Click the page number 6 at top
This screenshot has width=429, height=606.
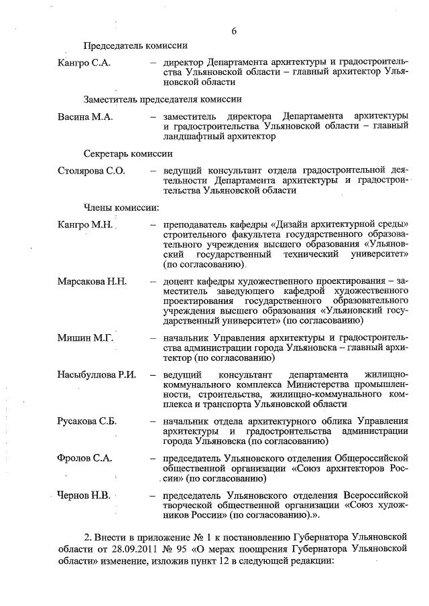[x=234, y=31]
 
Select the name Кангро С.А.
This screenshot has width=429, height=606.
[x=84, y=63]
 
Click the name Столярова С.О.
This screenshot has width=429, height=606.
[x=92, y=171]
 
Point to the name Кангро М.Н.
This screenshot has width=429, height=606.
[x=85, y=224]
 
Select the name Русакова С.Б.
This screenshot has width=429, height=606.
[x=88, y=421]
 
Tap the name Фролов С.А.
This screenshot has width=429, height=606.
[x=85, y=459]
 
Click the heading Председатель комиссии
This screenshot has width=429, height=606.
[x=135, y=46]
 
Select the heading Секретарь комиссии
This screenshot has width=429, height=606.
[x=129, y=153]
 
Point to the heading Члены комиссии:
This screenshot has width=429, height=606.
[x=121, y=208]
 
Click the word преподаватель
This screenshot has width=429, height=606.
[x=194, y=224]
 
